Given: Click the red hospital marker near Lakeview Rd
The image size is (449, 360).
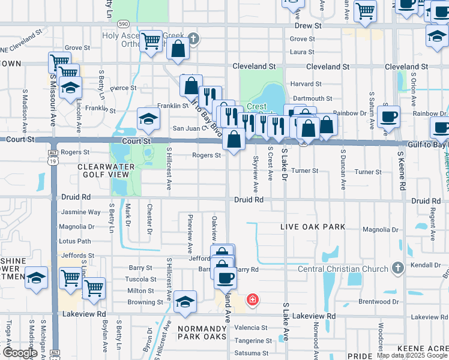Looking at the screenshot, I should tap(253, 299).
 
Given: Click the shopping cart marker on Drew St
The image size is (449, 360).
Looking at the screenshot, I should tap(365, 10).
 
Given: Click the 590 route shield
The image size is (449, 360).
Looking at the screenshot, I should tap(123, 23).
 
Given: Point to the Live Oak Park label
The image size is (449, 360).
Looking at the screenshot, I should tap(313, 227).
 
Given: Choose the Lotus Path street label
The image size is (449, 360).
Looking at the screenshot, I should tap(75, 241).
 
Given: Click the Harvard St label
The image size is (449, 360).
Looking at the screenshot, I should tap(306, 84).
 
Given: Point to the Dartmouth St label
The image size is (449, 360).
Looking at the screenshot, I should tap(312, 98).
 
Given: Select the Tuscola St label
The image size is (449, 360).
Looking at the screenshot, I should tap(140, 280).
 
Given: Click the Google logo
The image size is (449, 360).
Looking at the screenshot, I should tap(20, 353).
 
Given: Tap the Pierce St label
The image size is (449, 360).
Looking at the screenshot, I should tap(123, 88).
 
